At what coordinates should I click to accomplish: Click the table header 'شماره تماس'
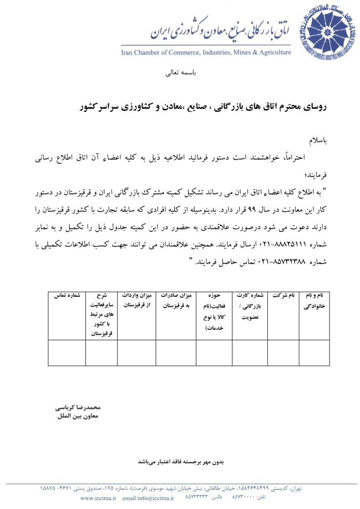tap(67, 295)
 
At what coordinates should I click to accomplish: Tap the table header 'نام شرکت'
tap(284, 295)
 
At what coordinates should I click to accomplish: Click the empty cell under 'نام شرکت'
tap(284, 352)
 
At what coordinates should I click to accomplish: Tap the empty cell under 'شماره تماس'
tap(67, 352)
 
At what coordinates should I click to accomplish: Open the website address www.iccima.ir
tap(99, 498)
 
